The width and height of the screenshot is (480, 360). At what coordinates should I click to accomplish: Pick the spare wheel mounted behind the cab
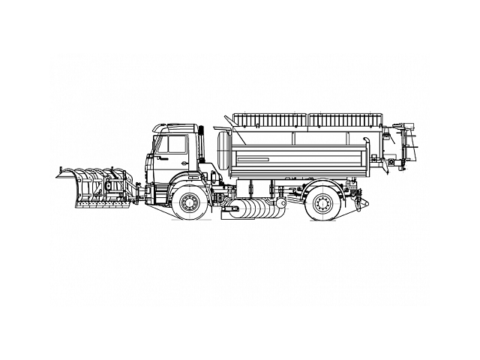pyautogui.click(x=223, y=146)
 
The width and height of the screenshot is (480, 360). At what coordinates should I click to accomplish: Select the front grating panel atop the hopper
pyautogui.click(x=269, y=119)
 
